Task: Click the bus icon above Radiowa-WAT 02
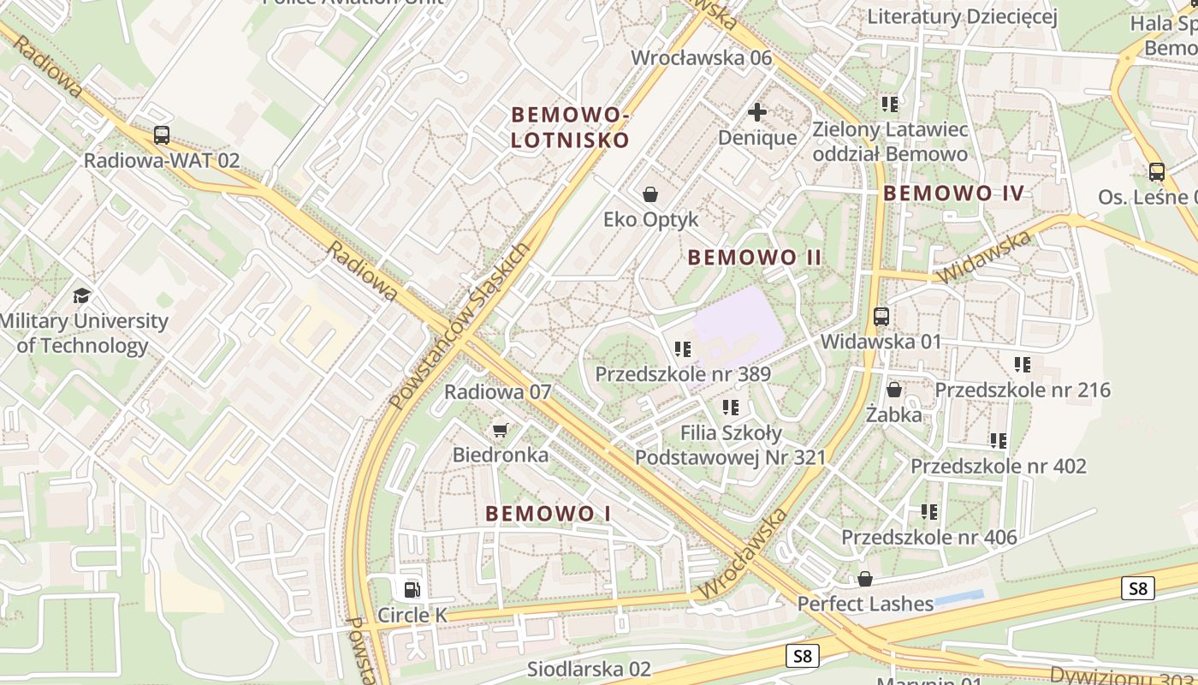(162, 135)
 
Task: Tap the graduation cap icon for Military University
(81, 296)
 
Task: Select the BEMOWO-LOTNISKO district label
(570, 127)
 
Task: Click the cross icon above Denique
(757, 112)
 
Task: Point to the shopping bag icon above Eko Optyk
(650, 194)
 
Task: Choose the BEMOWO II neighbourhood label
(755, 257)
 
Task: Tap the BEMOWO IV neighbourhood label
(953, 193)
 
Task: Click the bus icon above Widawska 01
(881, 317)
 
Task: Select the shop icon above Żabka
(894, 390)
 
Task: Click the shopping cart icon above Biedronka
(501, 430)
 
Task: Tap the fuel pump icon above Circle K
(412, 589)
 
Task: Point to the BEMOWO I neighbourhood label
(549, 514)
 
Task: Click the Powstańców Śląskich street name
(459, 325)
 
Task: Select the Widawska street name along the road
(985, 257)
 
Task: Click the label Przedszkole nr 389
(683, 374)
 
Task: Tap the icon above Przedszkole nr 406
(929, 512)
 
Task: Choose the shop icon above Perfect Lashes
(865, 579)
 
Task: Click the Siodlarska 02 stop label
(589, 669)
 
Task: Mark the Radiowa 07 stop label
(498, 392)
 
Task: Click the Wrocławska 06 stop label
(702, 58)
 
